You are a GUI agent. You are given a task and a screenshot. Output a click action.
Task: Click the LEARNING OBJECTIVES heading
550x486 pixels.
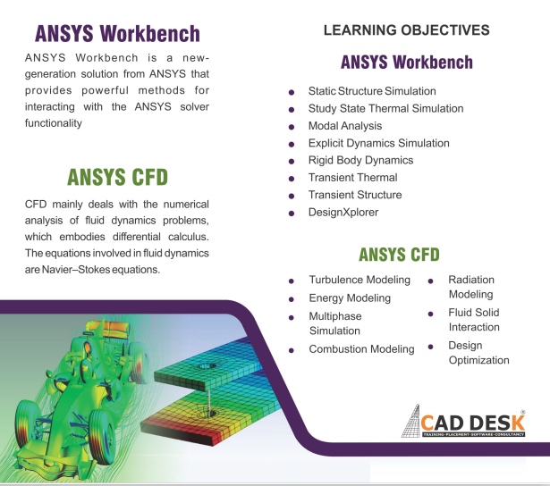tap(406, 30)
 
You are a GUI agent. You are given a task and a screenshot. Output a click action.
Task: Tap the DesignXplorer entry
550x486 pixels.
tap(343, 213)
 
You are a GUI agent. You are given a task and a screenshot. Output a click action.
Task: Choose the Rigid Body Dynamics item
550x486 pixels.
tap(360, 161)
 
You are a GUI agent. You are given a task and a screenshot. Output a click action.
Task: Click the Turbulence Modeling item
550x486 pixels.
tap(360, 281)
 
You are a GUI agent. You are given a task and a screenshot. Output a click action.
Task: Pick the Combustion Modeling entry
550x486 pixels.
tap(361, 349)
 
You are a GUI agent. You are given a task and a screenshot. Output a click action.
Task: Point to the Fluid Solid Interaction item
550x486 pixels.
tap(474, 320)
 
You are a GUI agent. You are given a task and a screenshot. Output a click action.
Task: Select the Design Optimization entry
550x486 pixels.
tap(478, 353)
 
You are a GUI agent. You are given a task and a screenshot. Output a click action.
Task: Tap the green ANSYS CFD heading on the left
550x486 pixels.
tap(117, 175)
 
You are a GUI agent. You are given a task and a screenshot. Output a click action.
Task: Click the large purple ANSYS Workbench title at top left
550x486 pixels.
tap(116, 35)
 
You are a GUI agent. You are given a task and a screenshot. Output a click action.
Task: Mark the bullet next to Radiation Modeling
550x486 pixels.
tap(430, 281)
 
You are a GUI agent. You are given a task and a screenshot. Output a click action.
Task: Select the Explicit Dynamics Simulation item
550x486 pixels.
tap(378, 143)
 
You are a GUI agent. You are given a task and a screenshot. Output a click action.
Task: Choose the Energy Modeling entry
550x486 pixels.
tap(350, 298)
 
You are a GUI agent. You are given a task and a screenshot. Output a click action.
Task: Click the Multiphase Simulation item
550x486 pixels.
tap(334, 323)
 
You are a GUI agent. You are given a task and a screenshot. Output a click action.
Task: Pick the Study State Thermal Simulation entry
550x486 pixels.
tap(385, 109)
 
